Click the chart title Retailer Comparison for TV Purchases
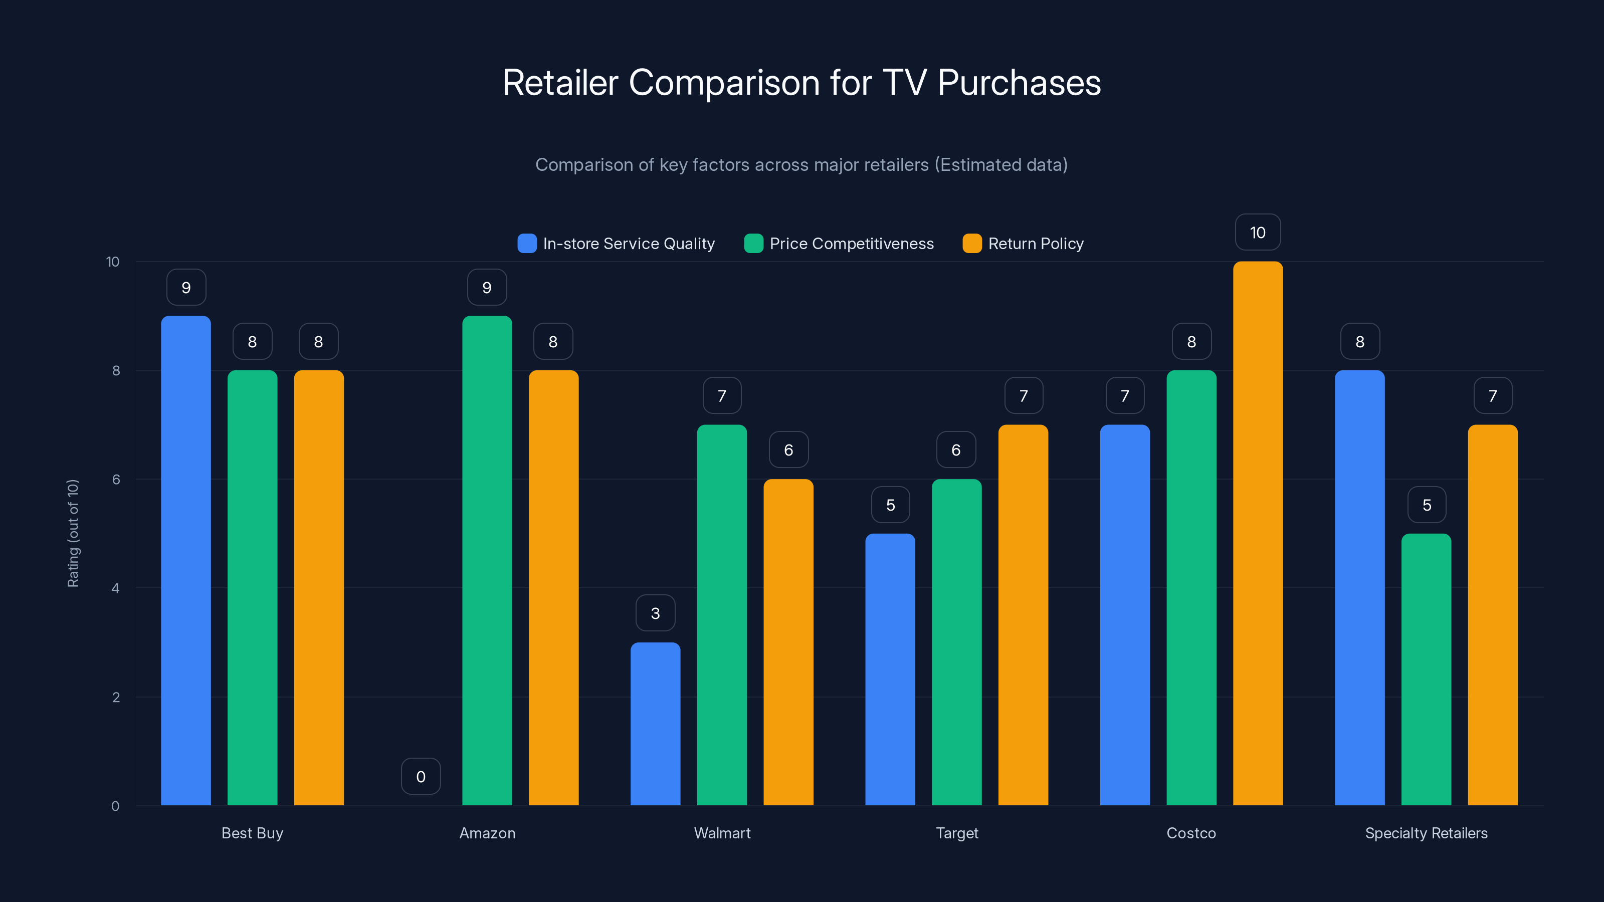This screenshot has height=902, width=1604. tap(801, 82)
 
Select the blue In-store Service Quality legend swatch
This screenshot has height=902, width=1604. tap(527, 244)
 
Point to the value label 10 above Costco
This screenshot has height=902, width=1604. tap(1258, 232)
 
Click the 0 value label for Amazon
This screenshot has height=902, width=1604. tap(421, 776)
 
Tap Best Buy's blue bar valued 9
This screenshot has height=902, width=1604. tap(185, 560)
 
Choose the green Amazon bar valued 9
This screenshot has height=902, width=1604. tap(487, 560)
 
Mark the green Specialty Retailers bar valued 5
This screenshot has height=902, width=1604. tap(1426, 669)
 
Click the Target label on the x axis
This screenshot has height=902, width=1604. tap(957, 833)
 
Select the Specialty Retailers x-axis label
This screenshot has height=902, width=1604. tap(1426, 833)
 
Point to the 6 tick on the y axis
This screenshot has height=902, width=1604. tap(116, 480)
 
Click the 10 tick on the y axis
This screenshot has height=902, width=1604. tap(113, 262)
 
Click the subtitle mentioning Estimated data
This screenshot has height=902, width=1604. tap(801, 164)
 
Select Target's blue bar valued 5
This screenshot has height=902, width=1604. tap(890, 669)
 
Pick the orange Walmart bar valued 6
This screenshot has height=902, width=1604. tap(788, 642)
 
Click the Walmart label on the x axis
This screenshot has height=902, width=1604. tap(722, 833)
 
